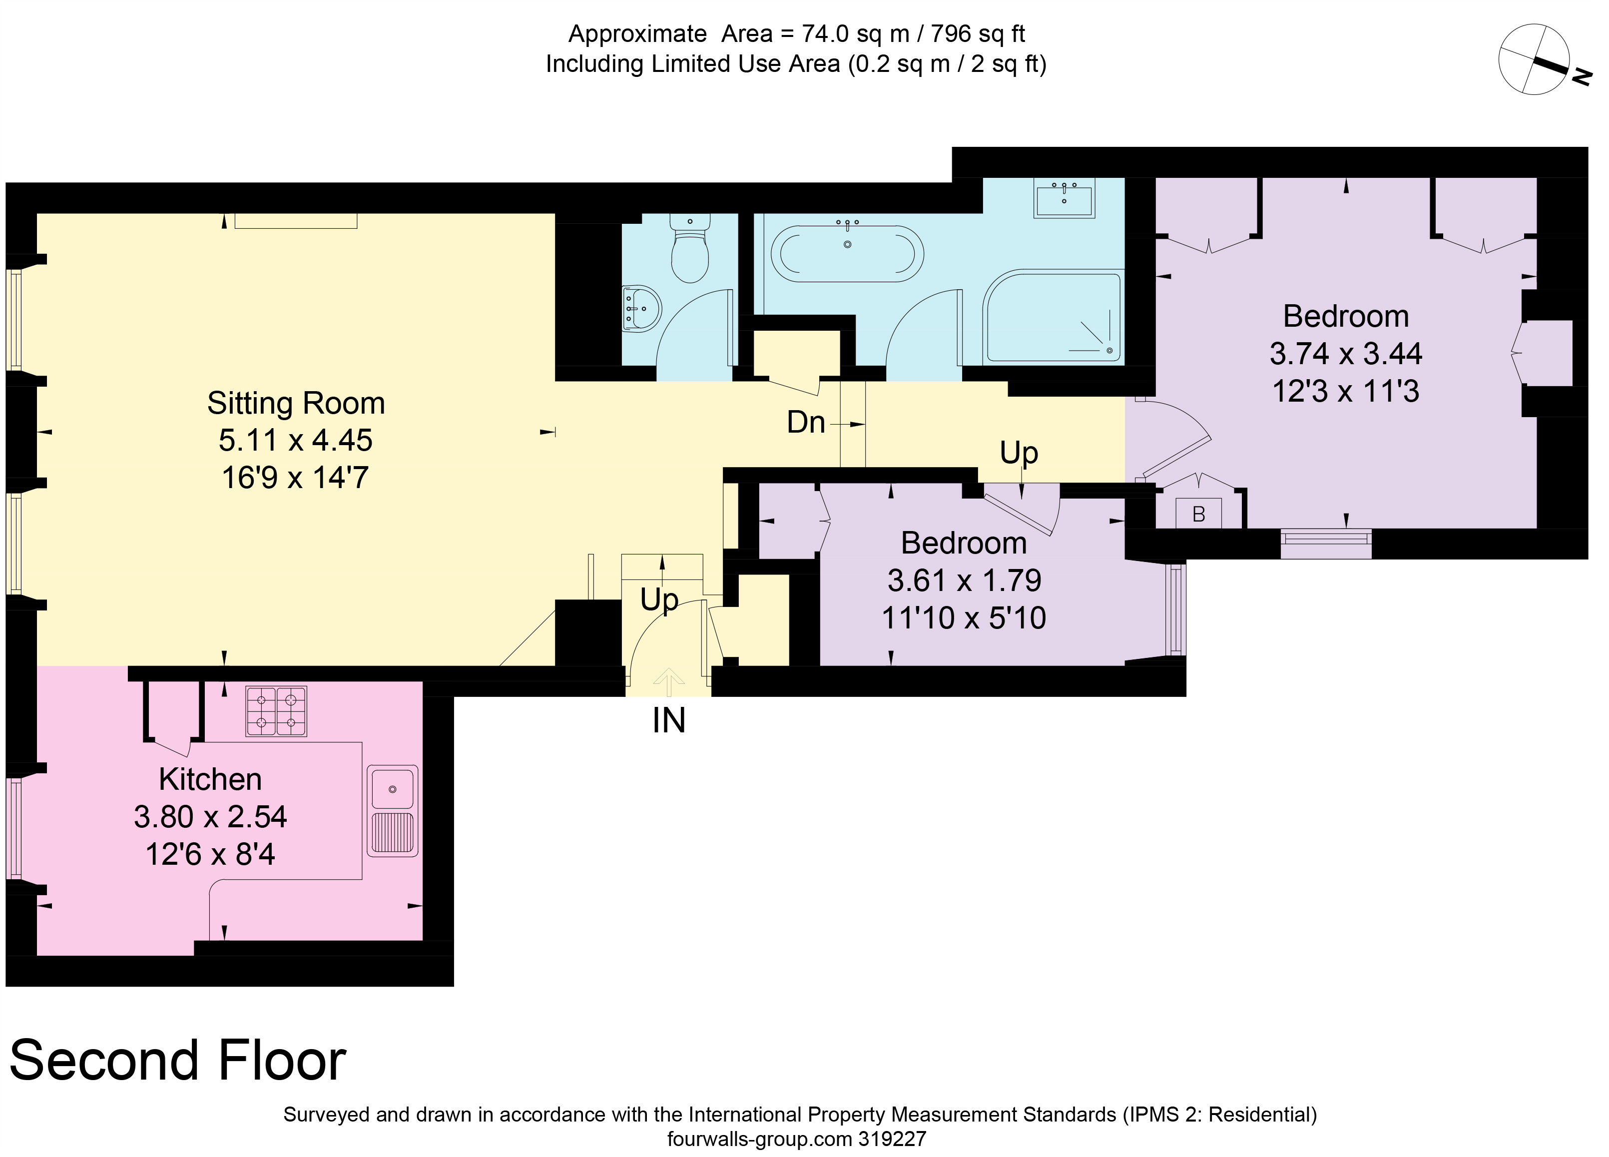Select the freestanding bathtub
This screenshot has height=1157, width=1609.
(847, 253)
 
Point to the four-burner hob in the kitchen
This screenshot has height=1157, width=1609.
(276, 711)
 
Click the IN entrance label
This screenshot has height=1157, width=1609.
(668, 721)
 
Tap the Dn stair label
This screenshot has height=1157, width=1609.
(805, 423)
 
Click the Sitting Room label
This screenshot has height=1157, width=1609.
(296, 403)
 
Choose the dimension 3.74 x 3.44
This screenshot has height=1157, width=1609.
(1345, 353)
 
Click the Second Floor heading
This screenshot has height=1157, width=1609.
(177, 1061)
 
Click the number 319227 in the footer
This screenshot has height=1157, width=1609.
(892, 1140)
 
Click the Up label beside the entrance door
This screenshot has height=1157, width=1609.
(659, 599)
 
